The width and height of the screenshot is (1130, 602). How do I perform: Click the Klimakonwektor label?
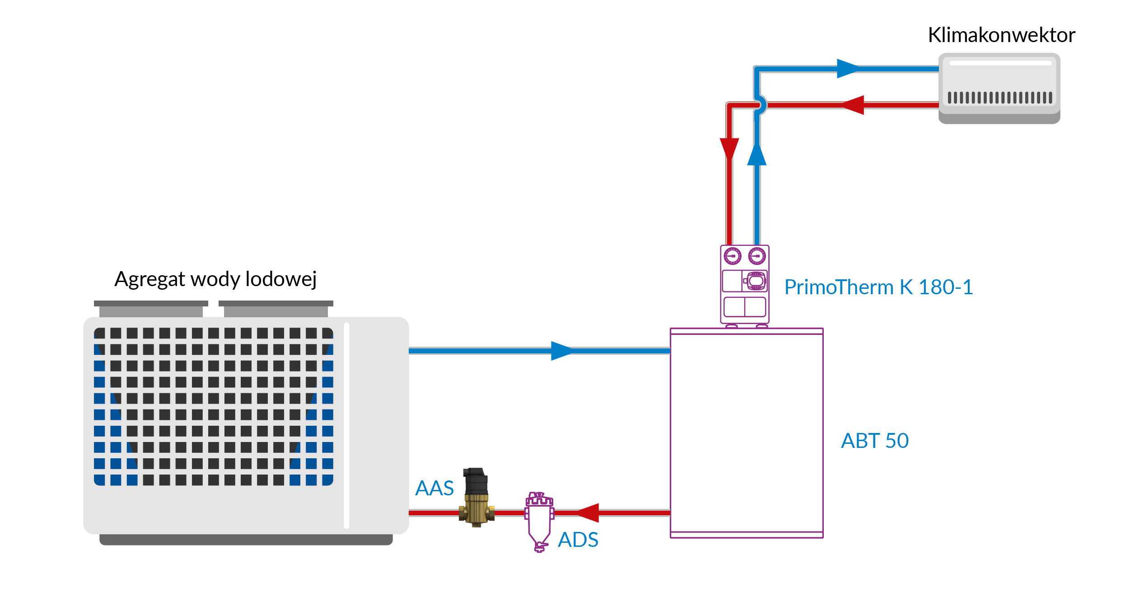coord(1001,35)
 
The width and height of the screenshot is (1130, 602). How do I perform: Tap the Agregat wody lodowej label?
coord(215,279)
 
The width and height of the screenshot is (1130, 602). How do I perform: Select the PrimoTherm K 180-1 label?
coord(878,287)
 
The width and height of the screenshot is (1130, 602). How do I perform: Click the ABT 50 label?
coord(874,441)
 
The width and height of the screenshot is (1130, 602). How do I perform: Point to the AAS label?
coord(434,488)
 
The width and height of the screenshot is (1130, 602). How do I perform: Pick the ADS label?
coord(578,540)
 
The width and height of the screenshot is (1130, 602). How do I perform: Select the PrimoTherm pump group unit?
coord(744,285)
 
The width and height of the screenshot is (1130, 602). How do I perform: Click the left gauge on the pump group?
coord(733,256)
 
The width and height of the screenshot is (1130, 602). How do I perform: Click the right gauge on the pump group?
coord(757,256)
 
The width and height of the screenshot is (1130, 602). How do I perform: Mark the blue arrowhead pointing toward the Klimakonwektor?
coord(847,69)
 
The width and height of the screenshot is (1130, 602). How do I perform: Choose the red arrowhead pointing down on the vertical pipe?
coord(729,148)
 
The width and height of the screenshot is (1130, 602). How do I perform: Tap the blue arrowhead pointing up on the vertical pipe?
coord(757,155)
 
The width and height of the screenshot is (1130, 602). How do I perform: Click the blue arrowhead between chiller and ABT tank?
coord(561,351)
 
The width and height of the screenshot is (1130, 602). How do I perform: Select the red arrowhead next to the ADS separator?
coord(588,513)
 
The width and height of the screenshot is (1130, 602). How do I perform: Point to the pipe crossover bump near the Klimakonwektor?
coord(761,105)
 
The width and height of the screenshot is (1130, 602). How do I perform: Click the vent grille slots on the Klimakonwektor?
coord(999,98)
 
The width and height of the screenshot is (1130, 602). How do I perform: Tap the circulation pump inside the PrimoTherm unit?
coord(756,281)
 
